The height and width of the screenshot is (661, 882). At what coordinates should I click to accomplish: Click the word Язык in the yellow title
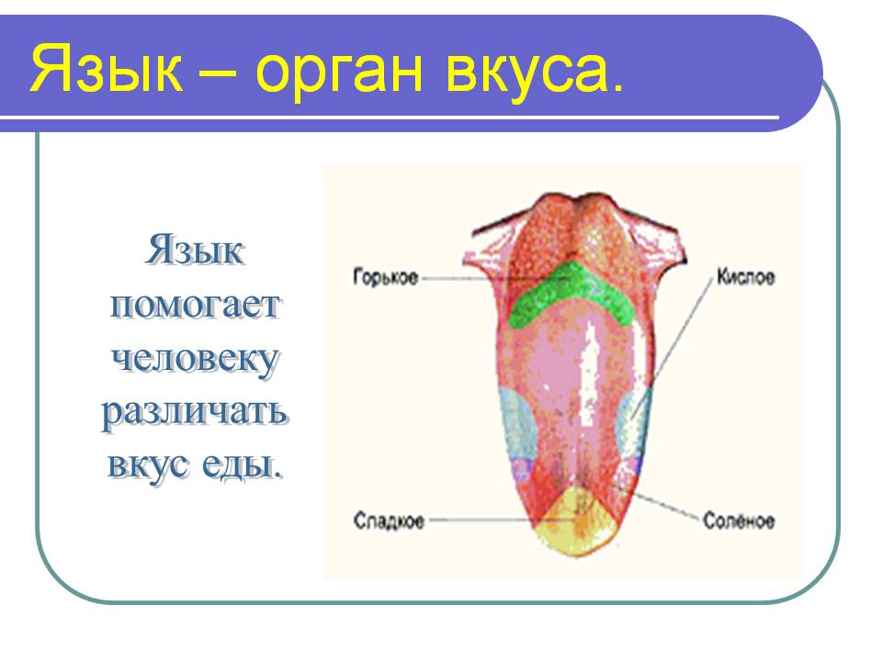coord(107,68)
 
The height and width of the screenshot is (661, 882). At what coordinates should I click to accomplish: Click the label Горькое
coord(386,277)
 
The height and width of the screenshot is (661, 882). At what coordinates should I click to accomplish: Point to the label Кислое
coord(746,276)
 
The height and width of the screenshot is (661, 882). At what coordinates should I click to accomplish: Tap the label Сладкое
coord(389,521)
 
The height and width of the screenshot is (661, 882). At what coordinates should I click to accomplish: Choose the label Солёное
coord(739,521)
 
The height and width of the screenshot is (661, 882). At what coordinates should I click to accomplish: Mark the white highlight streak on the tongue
coord(590,374)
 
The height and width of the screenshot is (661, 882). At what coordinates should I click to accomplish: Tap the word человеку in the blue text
coord(194,359)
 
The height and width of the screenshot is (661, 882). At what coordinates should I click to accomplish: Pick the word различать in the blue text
coord(195,412)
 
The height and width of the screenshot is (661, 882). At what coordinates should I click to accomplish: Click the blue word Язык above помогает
coord(194,250)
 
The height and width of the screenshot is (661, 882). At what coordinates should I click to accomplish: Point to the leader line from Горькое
coord(467,278)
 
